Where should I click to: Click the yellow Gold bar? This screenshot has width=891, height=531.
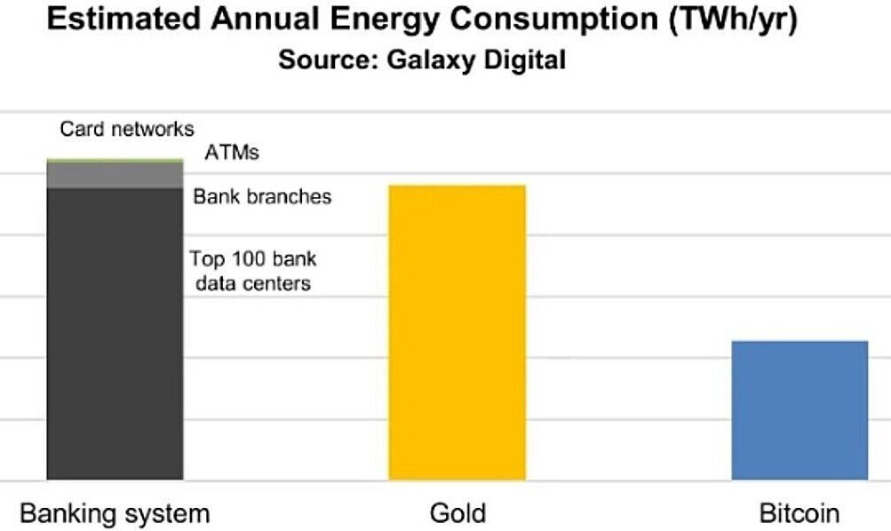pos(457,332)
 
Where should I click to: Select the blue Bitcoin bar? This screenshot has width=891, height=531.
pos(800,410)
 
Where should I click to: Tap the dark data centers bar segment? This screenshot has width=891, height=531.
pos(115,334)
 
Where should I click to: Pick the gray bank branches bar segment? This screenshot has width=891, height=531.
pos(115,176)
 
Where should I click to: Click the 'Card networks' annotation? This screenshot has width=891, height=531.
pos(127,129)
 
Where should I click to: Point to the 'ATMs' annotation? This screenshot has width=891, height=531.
pos(232,152)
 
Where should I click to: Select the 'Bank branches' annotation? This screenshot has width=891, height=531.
pos(262,196)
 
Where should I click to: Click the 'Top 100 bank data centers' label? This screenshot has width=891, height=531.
pos(253,271)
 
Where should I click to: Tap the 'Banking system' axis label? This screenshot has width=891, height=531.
pos(115,513)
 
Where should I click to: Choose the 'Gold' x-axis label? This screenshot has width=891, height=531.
pos(457,513)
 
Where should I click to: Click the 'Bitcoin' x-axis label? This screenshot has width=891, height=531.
pos(799,513)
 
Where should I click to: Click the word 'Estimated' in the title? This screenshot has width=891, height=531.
pos(123,19)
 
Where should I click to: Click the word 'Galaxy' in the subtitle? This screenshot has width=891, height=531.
pos(432,60)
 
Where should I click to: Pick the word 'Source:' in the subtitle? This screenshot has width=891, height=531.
pos(329,59)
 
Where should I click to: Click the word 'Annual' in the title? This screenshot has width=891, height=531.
pos(265,19)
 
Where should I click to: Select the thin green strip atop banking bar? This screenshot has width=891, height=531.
pos(115,162)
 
